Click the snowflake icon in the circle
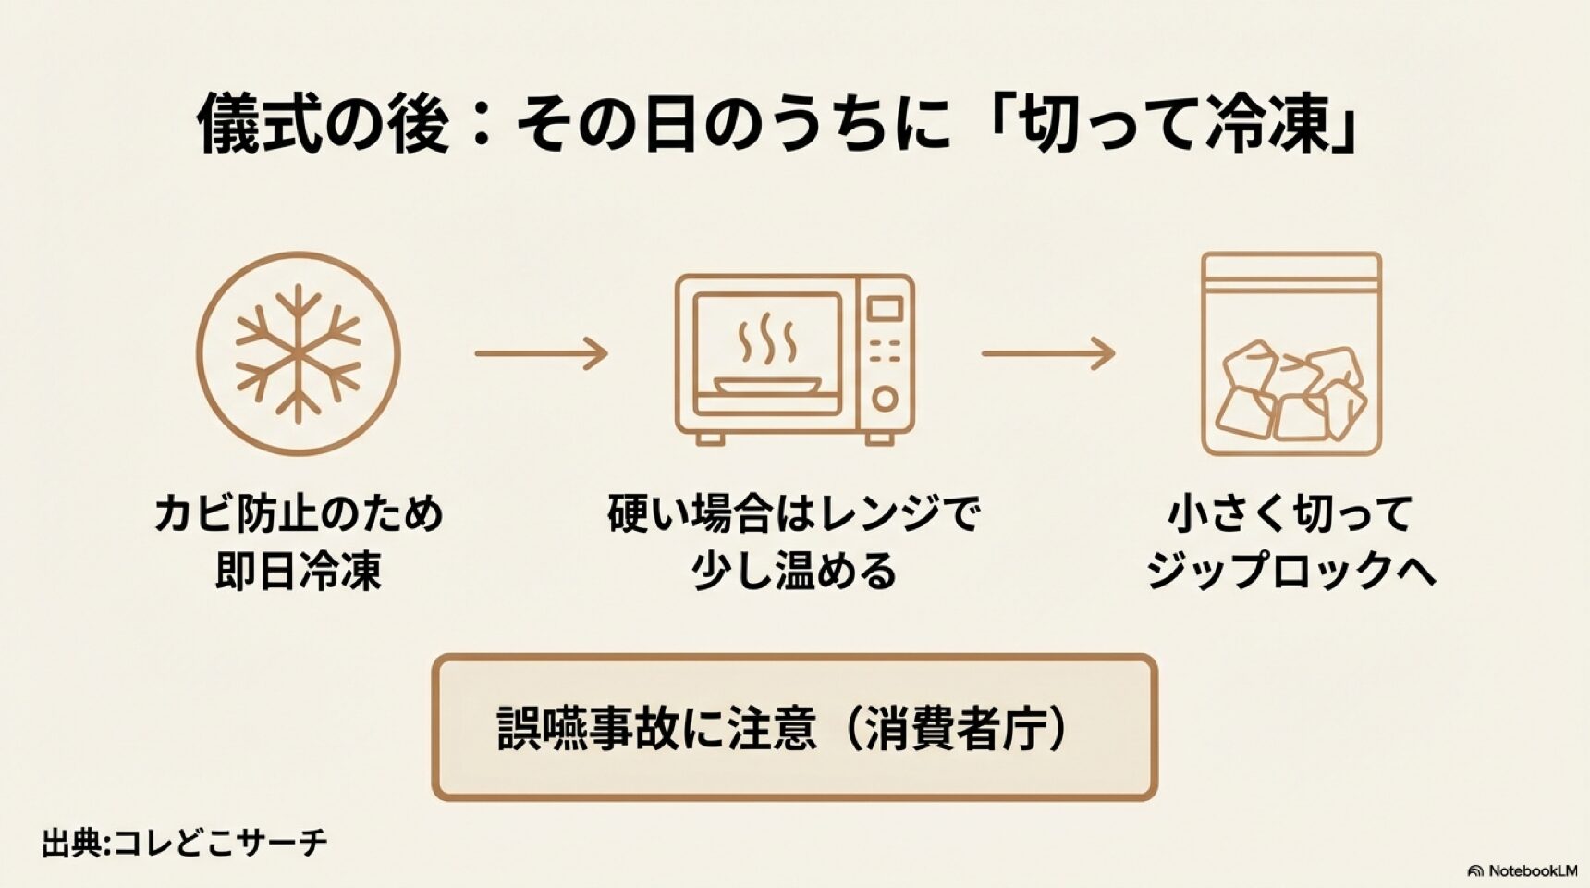pos(298,353)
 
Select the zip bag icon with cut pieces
pos(1291,354)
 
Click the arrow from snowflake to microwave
pos(541,353)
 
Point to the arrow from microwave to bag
pos(1047,353)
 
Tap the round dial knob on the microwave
pos(885,399)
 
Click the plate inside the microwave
pos(766,385)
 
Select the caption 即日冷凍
pos(298,571)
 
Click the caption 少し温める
pos(794,571)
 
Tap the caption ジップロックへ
pos(1291,571)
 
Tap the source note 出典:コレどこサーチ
pos(184,843)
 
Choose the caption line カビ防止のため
pos(298,514)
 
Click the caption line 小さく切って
pos(1291,514)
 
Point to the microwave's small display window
pos(885,308)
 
